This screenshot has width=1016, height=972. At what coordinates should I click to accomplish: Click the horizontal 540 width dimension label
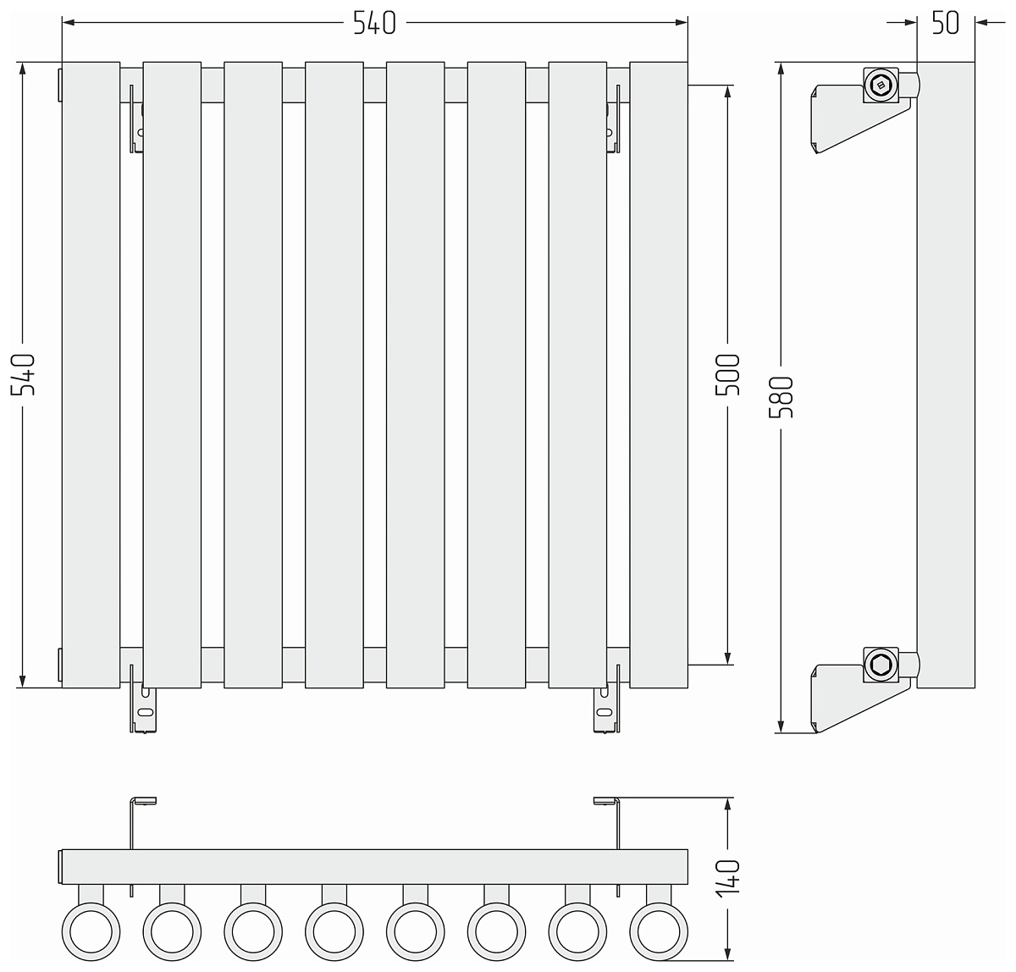coord(374,23)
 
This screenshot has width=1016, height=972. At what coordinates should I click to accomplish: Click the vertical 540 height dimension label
coord(23,374)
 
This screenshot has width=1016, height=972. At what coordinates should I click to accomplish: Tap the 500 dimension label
coord(727,374)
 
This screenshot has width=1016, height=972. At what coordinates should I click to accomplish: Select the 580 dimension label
coord(781,397)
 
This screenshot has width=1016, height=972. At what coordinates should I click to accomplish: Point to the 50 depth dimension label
coord(945,23)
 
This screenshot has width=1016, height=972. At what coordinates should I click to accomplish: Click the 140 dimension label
coord(727,879)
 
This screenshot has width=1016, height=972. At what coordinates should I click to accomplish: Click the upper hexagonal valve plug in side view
coord(881,85)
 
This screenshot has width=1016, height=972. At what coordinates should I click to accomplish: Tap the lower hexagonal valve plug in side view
coord(881,665)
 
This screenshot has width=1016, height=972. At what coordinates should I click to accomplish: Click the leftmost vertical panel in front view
coord(91,375)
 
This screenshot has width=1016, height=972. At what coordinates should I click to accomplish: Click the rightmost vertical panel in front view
coord(659,375)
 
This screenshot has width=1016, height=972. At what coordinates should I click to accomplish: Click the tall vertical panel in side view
coord(946,375)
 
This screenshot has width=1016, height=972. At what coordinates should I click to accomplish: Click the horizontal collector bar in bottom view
coord(373,866)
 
